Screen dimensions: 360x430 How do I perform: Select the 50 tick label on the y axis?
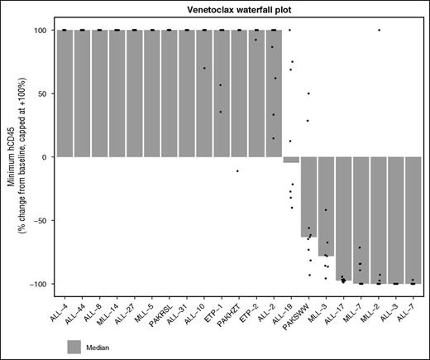pos(44,94)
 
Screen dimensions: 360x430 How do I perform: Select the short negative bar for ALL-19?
pos(291,160)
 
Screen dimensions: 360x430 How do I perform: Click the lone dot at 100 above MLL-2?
pos(379,30)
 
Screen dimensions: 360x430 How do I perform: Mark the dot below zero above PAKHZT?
pos(238,171)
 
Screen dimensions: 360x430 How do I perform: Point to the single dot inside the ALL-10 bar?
pos(204,68)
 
